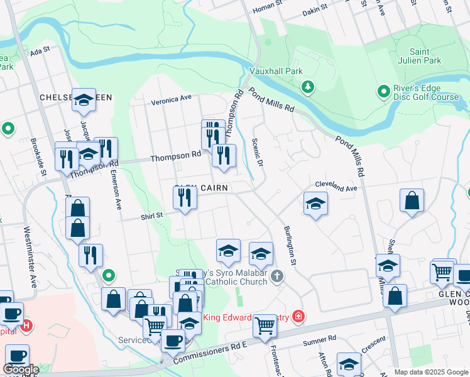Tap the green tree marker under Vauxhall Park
(x=308, y=87)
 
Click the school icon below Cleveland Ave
(x=315, y=203)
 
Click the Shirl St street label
(x=151, y=216)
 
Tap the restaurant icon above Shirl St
(x=185, y=199)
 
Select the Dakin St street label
(x=315, y=9)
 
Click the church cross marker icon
(x=277, y=276)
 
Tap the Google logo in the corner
(x=21, y=370)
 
